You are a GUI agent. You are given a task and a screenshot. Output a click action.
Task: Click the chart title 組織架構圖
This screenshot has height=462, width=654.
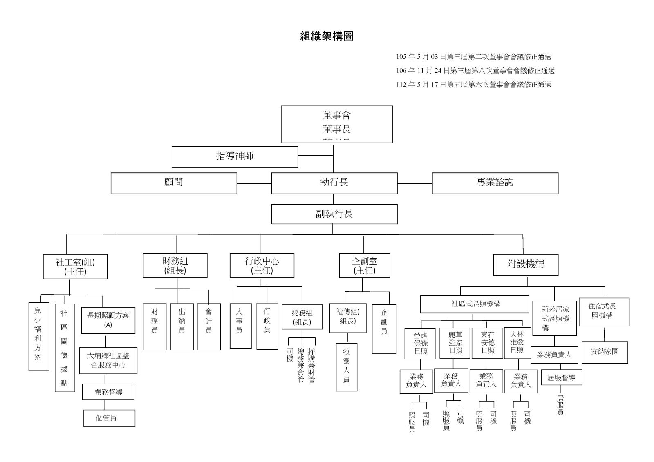tap(327, 36)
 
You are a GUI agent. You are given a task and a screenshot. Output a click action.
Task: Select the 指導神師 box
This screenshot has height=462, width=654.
tap(235, 157)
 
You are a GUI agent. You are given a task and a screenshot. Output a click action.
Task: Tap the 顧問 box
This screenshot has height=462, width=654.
tap(174, 183)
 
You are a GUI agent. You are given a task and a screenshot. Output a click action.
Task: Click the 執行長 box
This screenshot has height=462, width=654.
tap(334, 183)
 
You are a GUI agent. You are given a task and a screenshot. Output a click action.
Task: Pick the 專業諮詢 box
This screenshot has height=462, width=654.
tap(495, 183)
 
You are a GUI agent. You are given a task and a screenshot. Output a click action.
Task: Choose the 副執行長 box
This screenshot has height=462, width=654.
tap(334, 214)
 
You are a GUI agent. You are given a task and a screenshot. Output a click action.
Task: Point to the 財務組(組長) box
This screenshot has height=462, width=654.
tap(175, 266)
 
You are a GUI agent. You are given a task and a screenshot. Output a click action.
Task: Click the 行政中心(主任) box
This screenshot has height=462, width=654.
tap(262, 266)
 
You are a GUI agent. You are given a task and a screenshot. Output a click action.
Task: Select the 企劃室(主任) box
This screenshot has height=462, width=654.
tap(364, 266)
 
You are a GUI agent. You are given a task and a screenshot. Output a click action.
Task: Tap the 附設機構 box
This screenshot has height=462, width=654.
tap(526, 264)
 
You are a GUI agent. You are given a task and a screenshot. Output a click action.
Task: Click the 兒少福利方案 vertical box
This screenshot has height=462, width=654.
tap(38, 336)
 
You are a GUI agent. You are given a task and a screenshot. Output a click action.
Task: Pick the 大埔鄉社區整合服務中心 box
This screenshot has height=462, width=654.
tap(108, 361)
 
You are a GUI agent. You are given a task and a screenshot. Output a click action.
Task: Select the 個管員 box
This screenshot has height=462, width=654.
tap(109, 418)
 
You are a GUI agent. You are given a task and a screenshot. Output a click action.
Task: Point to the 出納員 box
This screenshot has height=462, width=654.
tap(181, 326)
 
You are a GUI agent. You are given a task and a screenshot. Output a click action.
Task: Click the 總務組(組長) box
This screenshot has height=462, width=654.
tap(302, 317)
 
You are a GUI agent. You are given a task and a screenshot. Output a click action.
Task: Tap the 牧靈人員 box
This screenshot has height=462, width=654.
tap(346, 367)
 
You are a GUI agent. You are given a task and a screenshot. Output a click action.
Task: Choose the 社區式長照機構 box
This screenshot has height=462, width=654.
tap(475, 304)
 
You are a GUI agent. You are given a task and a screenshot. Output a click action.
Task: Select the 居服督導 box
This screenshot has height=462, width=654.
tap(561, 378)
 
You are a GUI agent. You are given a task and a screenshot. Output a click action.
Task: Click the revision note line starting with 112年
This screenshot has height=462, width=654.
tap(474, 85)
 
